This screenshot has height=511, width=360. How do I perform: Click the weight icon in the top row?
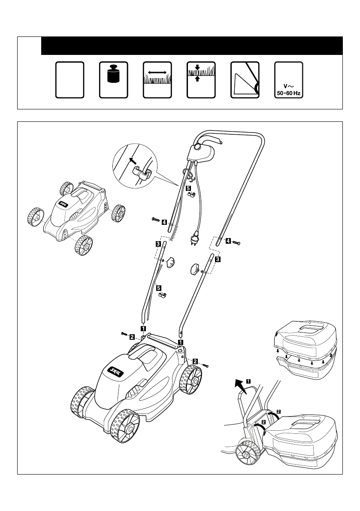point(113,80)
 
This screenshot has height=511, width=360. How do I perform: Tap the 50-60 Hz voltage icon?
point(289,80)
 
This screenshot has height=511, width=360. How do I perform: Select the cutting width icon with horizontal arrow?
point(157,80)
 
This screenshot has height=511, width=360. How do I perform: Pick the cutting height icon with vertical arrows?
point(201,80)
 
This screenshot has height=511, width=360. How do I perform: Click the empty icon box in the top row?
point(70,80)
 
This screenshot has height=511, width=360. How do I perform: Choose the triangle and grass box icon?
point(245,80)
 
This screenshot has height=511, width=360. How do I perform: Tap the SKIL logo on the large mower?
point(116,371)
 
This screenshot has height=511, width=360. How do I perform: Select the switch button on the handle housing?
point(197,147)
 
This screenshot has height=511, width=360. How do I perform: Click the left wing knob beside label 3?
point(170,262)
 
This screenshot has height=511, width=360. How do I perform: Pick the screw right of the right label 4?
point(236,243)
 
